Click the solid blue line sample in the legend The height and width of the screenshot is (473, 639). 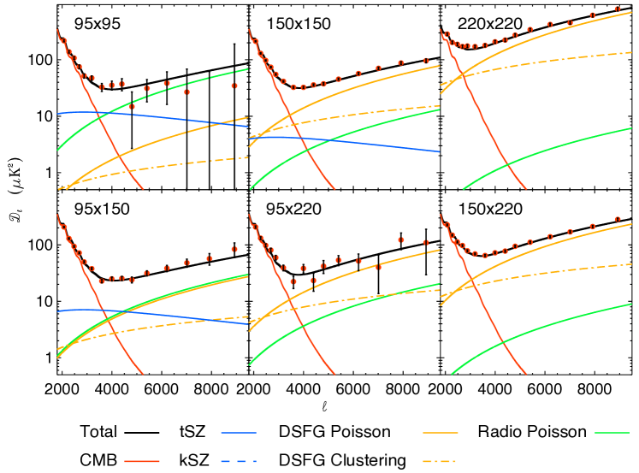pyautogui.click(x=238, y=433)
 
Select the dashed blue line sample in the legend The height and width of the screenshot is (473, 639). pyautogui.click(x=238, y=461)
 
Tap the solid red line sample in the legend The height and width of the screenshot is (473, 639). pyautogui.click(x=142, y=461)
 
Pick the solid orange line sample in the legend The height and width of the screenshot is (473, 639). pyautogui.click(x=441, y=433)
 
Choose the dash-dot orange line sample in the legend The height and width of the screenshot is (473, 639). pyautogui.click(x=441, y=461)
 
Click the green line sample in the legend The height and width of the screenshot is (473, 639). pyautogui.click(x=612, y=433)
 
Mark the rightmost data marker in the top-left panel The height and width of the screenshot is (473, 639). pyautogui.click(x=234, y=86)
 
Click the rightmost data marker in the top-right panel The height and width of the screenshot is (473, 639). pyautogui.click(x=617, y=9)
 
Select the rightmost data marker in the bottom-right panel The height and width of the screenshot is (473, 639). pyautogui.click(x=617, y=219)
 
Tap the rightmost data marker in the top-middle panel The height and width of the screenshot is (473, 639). pyautogui.click(x=426, y=61)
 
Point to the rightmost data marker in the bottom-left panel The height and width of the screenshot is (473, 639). pyautogui.click(x=234, y=250)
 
